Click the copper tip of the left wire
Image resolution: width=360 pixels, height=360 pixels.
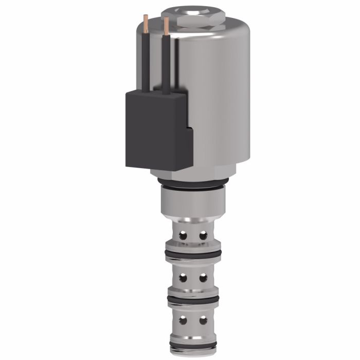click(147, 19)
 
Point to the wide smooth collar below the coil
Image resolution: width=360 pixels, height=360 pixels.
click(191, 203)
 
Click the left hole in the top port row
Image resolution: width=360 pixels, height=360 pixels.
click(182, 236)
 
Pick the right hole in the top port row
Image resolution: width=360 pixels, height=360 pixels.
click(203, 236)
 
